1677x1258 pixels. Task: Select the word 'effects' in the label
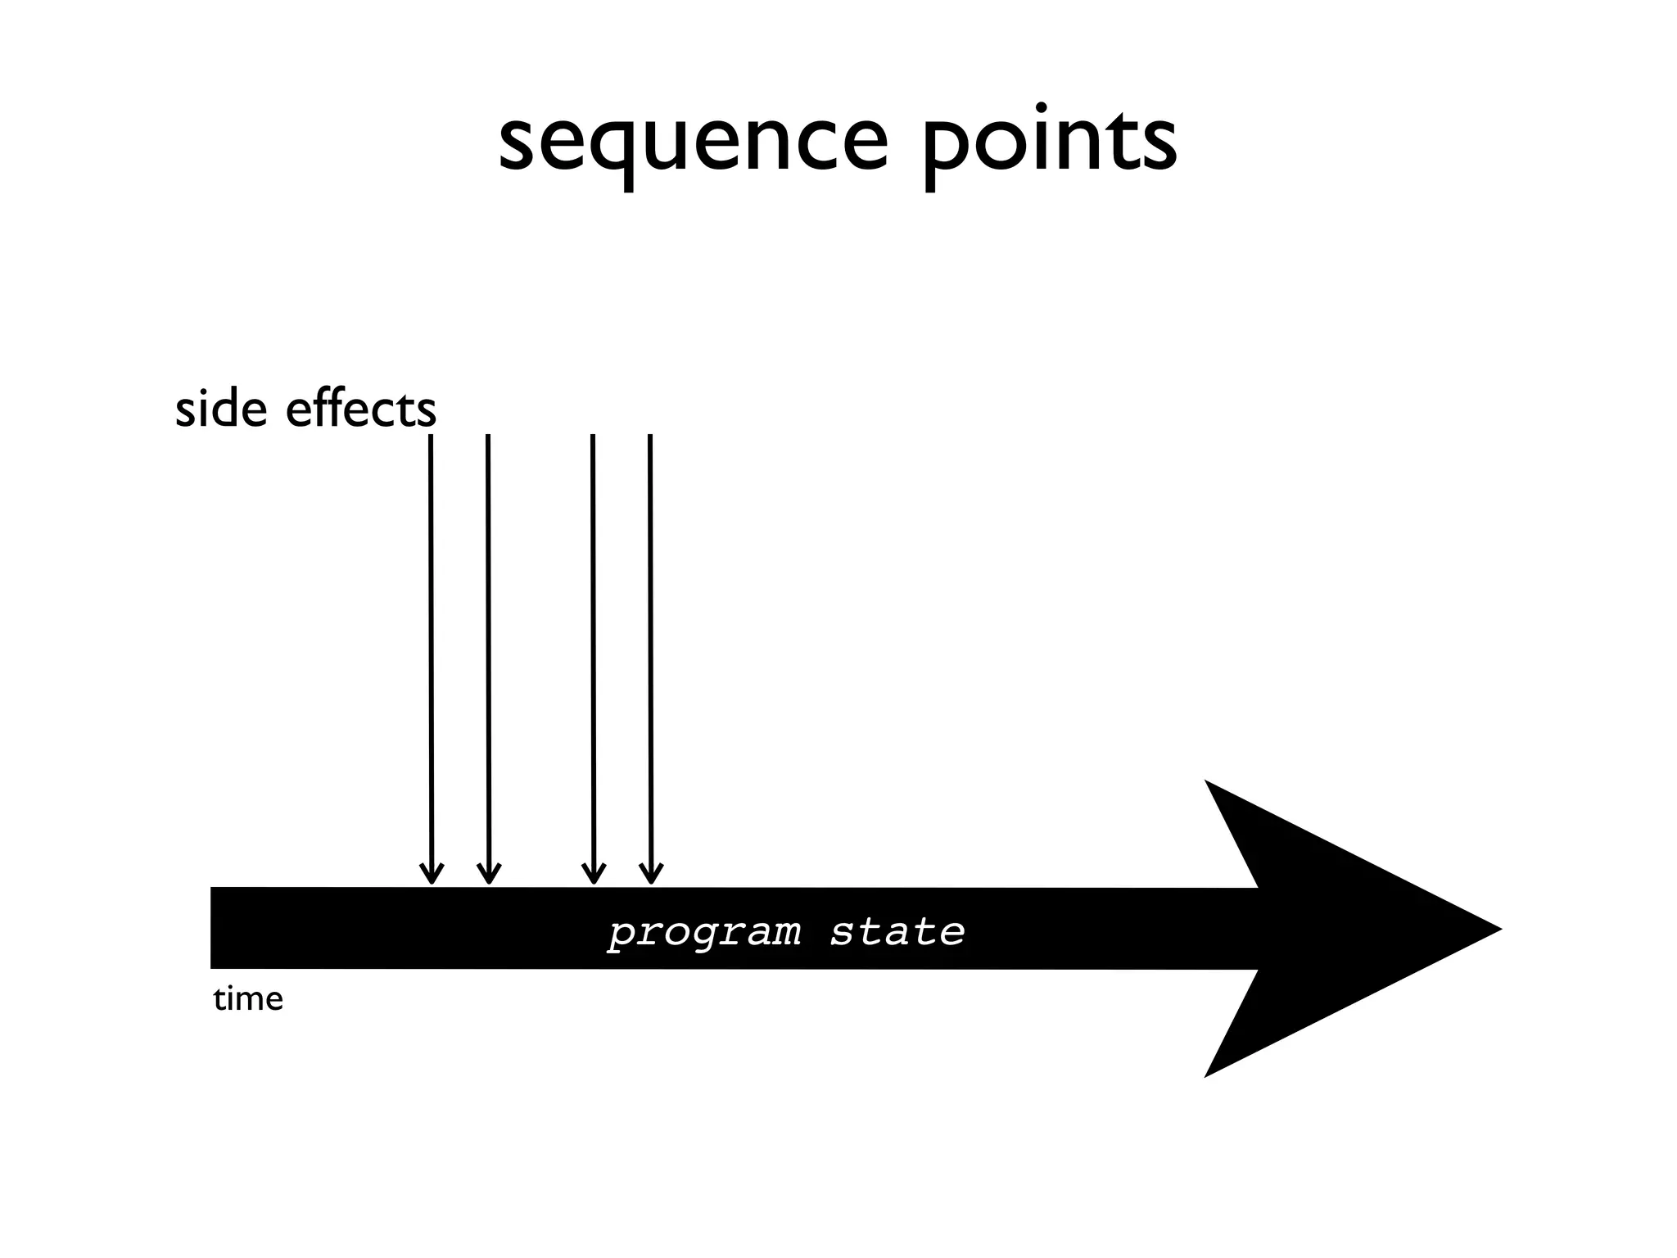point(360,409)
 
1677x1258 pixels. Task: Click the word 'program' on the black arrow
point(704,932)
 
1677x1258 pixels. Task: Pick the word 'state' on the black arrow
point(897,931)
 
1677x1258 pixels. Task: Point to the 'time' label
point(248,999)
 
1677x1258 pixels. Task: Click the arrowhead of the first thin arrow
point(432,876)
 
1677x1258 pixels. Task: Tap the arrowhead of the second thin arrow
point(489,876)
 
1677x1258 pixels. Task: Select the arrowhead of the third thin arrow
point(594,876)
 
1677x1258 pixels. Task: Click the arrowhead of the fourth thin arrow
point(651,876)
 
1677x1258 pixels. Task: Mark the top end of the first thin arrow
point(431,437)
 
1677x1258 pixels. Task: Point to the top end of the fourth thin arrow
point(650,437)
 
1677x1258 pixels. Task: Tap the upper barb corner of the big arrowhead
point(1207,783)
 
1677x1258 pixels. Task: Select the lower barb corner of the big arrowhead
point(1207,1075)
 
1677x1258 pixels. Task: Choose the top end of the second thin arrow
point(488,437)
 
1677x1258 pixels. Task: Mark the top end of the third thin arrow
point(593,437)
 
